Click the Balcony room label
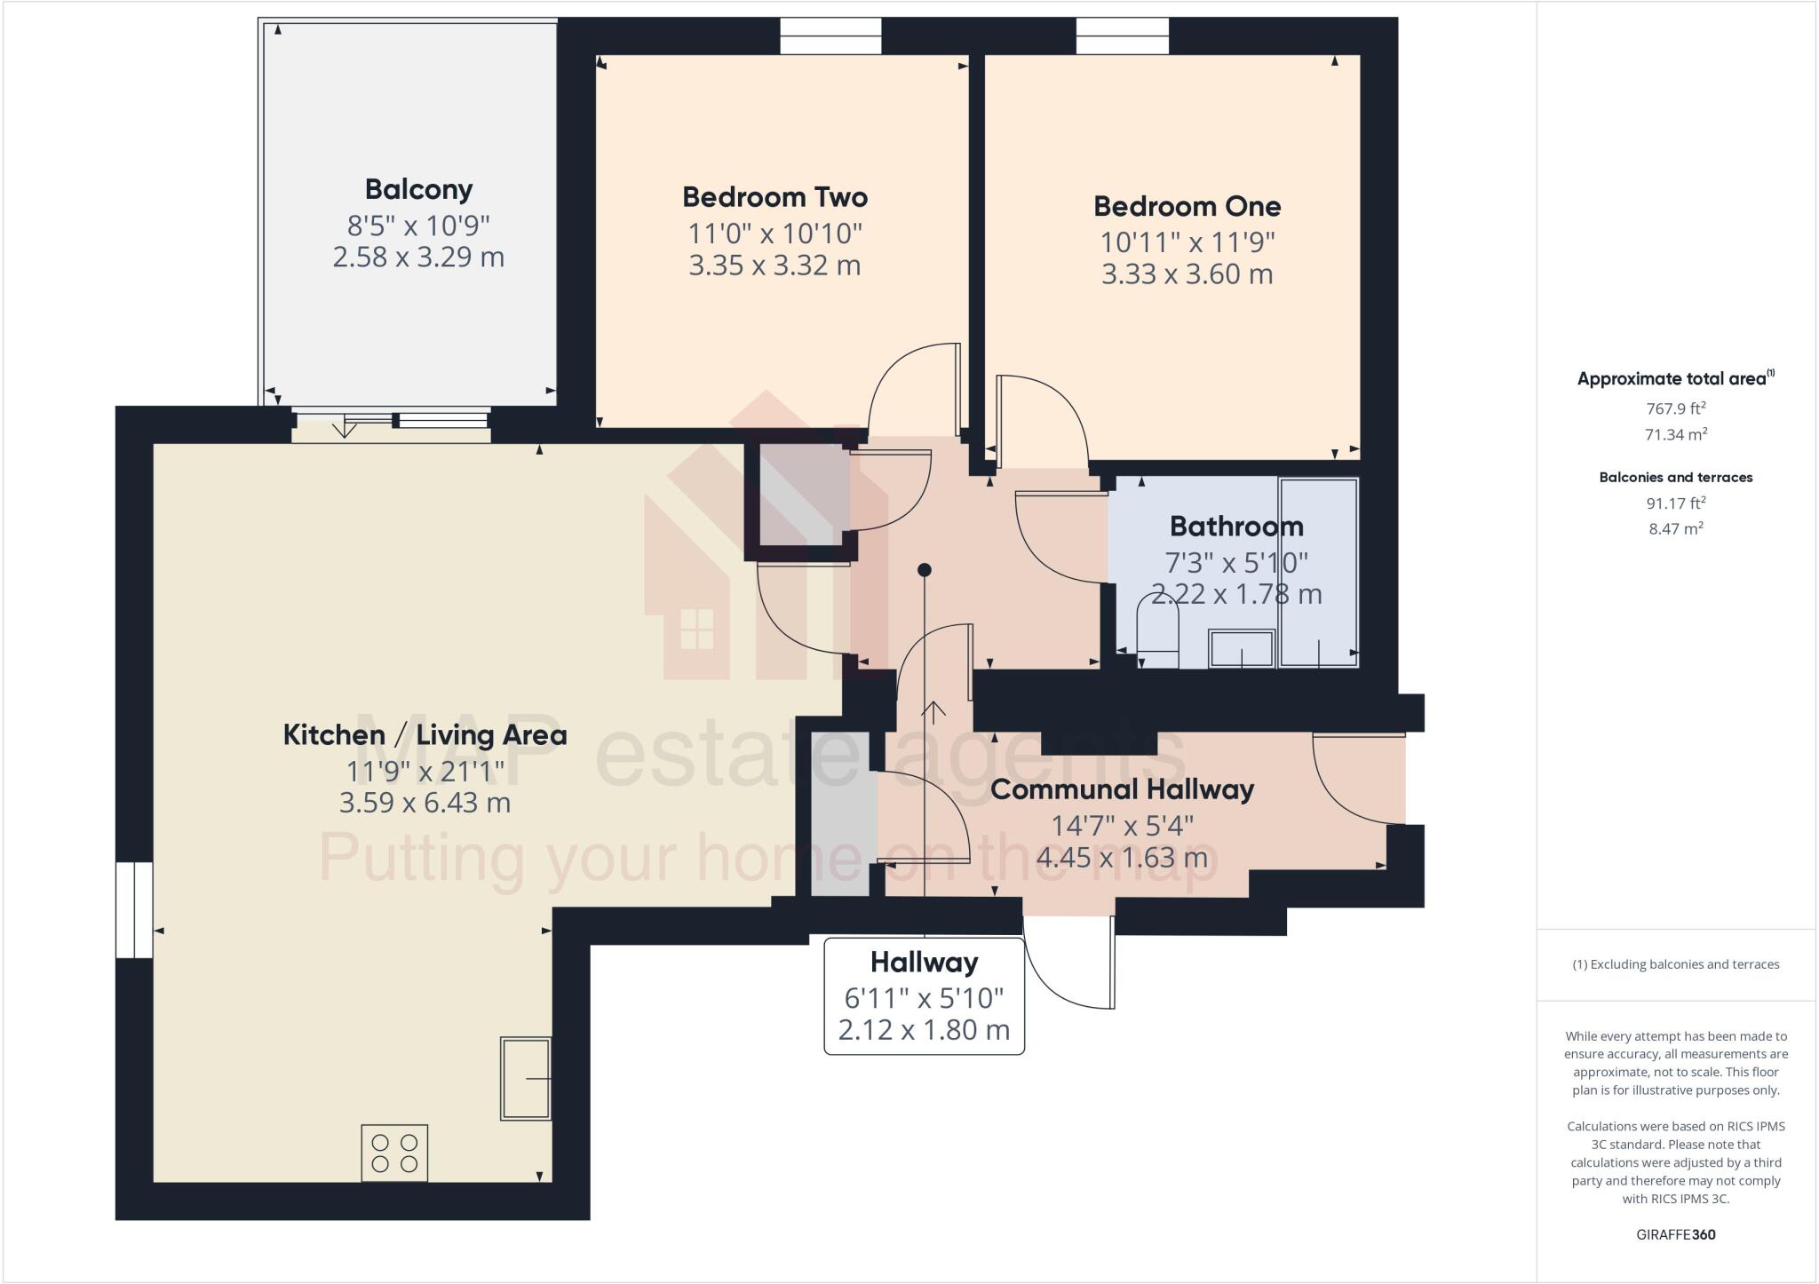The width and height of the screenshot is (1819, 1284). (418, 189)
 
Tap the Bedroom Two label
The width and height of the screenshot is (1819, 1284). (774, 197)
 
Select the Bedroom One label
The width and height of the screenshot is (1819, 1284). (1187, 206)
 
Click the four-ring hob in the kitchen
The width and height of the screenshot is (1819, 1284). (394, 1153)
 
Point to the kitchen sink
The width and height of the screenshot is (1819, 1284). (526, 1078)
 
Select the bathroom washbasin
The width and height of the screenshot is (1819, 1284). (1241, 648)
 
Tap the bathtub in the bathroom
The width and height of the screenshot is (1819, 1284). (1318, 573)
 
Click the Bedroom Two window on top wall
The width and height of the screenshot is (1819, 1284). (830, 36)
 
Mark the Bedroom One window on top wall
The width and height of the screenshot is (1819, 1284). (1123, 36)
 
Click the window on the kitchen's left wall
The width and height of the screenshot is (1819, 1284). (134, 909)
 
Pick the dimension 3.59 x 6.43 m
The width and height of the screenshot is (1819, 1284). (425, 803)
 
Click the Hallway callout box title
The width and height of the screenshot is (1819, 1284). (924, 962)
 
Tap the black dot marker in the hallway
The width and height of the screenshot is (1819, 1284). (924, 569)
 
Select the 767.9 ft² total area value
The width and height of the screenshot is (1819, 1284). (1675, 408)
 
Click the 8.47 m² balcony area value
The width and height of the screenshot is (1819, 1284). (1675, 528)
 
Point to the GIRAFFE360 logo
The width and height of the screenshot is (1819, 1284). (1675, 1234)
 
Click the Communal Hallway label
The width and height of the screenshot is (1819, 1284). (1122, 789)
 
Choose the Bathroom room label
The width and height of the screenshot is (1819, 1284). (1236, 527)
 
